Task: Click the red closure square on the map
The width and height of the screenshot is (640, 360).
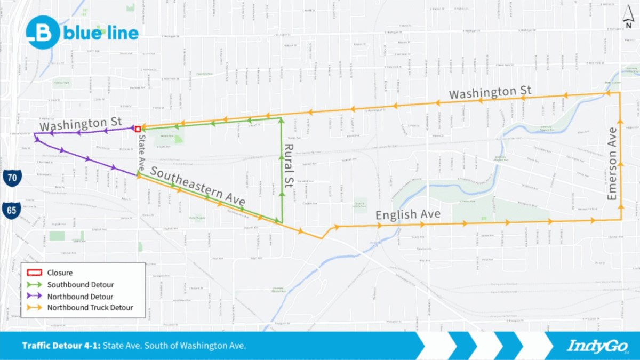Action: point(138,129)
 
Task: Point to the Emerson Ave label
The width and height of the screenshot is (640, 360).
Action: point(612,164)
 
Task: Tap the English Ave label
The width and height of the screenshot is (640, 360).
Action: point(408,215)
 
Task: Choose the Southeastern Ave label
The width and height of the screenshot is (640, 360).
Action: point(197,186)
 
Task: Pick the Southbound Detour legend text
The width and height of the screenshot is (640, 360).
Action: point(81,284)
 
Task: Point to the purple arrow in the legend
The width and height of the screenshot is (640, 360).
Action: point(35,296)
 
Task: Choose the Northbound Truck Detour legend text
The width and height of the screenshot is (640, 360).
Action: point(90,307)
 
